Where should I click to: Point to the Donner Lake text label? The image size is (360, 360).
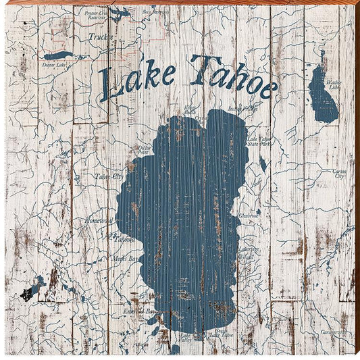[53, 66]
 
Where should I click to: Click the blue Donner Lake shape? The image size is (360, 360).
[57, 55]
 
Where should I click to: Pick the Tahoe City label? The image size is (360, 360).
[108, 176]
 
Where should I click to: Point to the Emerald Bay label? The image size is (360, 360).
[140, 311]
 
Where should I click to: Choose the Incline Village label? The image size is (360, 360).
[242, 108]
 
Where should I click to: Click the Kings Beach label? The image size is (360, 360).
[190, 111]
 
